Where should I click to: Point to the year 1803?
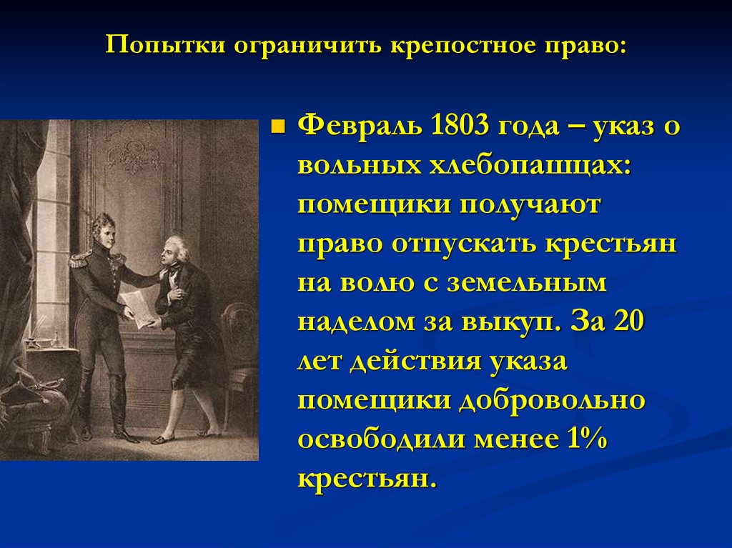coord(459,129)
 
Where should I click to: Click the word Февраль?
coord(360,129)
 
